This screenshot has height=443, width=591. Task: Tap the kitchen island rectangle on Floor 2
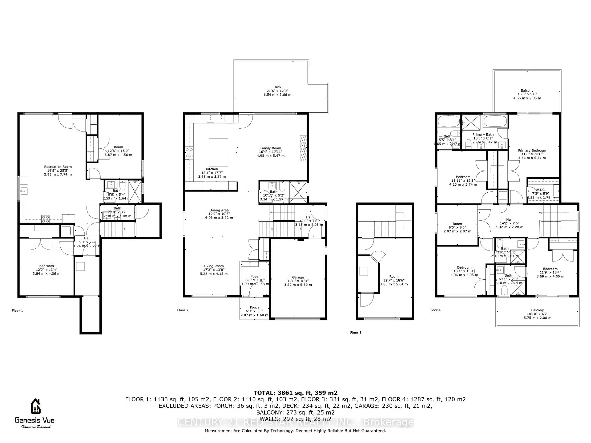coord(218,152)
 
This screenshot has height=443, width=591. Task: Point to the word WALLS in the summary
coord(269,419)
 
